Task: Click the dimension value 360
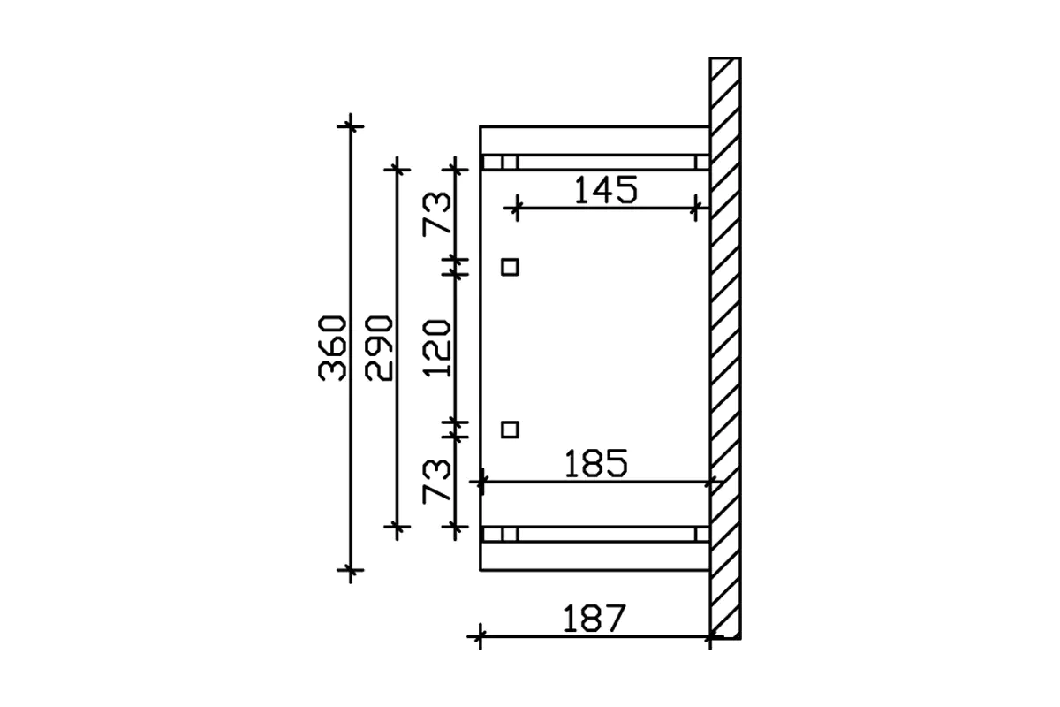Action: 332,348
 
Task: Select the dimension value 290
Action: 379,348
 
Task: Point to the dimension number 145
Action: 606,190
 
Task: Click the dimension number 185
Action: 596,463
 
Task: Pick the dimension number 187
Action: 594,619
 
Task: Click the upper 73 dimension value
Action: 436,214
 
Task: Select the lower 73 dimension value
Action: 436,481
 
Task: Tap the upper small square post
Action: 510,267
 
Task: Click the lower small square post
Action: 510,430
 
